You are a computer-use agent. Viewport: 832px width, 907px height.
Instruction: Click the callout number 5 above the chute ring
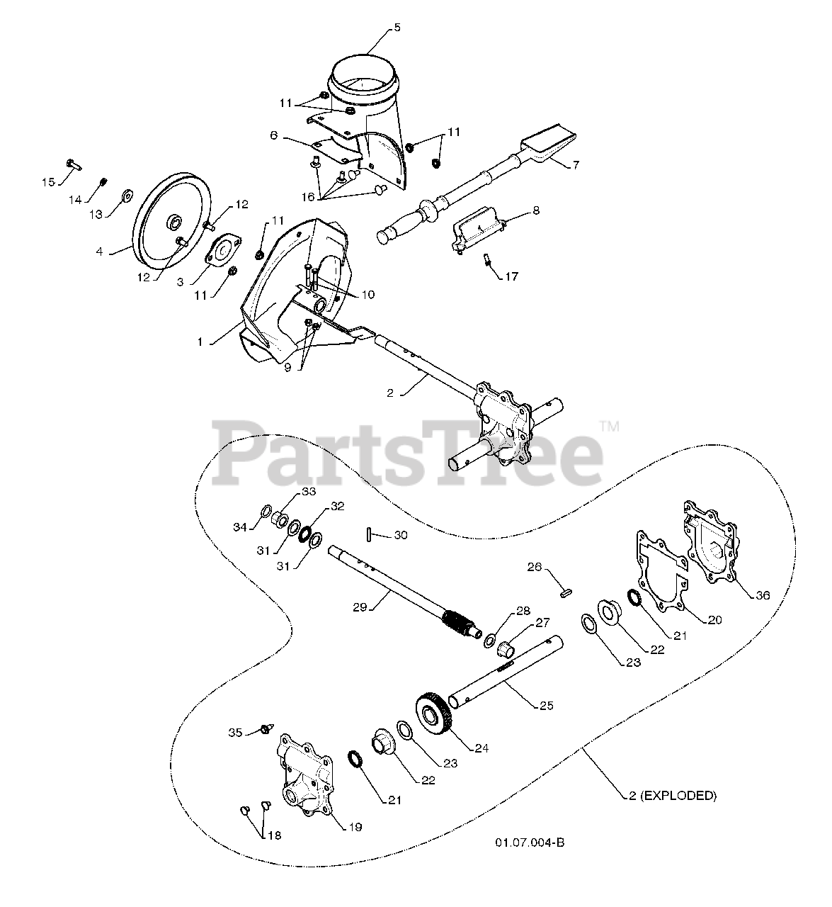[397, 28]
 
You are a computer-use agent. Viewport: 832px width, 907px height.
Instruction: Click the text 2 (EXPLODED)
[672, 796]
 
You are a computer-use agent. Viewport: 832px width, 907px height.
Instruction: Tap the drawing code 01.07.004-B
[530, 842]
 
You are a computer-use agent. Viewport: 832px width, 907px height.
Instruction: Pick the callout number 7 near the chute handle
[576, 164]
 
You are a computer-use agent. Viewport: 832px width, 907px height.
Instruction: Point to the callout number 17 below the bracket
[511, 276]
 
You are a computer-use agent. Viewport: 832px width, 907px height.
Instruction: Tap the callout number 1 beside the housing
[200, 342]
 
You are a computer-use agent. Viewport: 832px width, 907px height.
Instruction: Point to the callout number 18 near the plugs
[273, 835]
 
